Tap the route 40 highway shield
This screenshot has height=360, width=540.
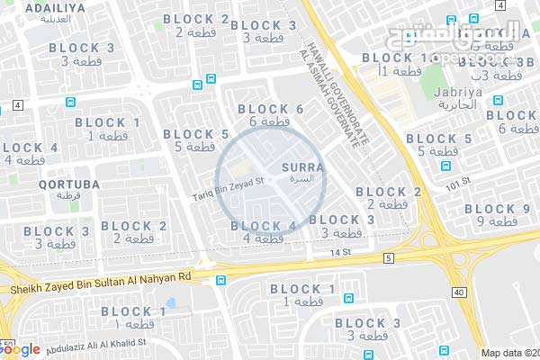[460, 292]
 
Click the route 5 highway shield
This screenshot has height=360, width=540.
[388, 258]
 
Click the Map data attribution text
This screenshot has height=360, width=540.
[509, 353]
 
